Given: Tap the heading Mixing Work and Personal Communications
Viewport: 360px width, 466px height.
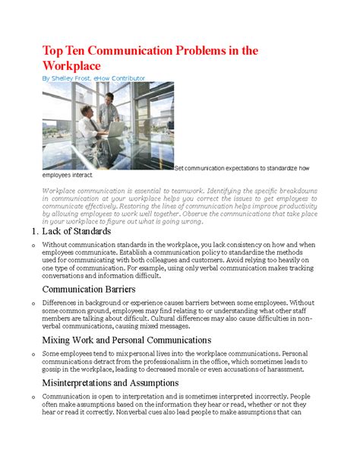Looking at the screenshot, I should point(127,340).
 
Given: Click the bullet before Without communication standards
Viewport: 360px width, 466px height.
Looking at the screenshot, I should point(27,246).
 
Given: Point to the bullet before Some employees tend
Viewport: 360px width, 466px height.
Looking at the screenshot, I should point(27,354).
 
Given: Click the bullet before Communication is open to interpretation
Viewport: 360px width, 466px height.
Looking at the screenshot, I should point(27,398).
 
